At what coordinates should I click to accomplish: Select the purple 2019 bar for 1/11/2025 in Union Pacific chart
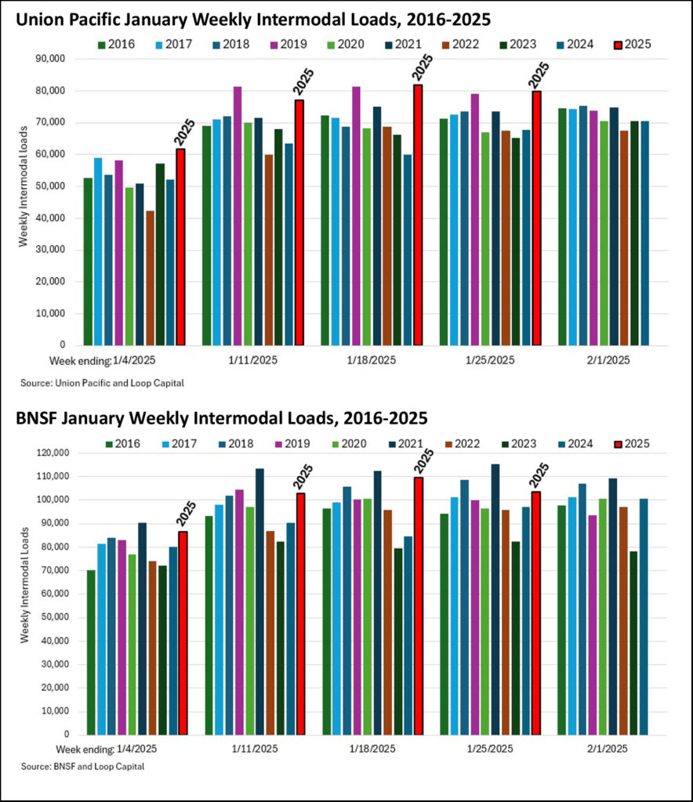(x=238, y=215)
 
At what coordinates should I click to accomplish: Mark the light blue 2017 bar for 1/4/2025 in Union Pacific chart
(x=98, y=251)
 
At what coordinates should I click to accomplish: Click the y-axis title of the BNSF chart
(x=24, y=594)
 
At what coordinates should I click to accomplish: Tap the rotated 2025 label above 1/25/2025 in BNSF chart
(x=540, y=475)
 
